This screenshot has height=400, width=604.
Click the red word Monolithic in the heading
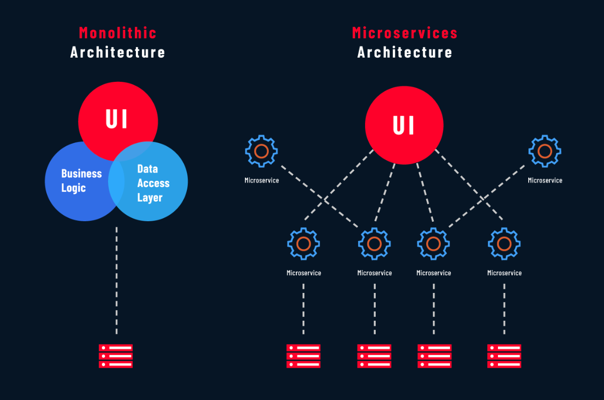(x=118, y=33)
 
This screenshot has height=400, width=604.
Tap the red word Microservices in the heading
(x=405, y=33)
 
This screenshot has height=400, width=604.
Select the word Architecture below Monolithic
(x=118, y=52)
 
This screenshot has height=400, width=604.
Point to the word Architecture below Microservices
(x=405, y=52)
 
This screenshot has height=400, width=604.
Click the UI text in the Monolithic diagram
(x=117, y=119)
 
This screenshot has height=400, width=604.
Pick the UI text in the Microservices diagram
(x=404, y=126)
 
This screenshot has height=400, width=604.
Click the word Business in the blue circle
(x=81, y=174)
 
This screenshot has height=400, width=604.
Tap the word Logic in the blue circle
(x=74, y=188)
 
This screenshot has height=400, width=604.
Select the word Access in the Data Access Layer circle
(x=153, y=183)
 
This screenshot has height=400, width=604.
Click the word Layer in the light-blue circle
(x=150, y=197)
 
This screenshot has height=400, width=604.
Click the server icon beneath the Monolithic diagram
(x=116, y=356)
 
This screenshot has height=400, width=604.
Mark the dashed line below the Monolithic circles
(x=117, y=280)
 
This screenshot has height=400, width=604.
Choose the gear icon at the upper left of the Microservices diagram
(x=262, y=151)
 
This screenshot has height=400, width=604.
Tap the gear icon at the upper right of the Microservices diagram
(x=545, y=151)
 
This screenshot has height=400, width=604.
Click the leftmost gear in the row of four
(x=304, y=244)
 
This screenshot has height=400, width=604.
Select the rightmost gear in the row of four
(x=504, y=244)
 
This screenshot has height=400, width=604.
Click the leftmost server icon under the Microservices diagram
(x=304, y=356)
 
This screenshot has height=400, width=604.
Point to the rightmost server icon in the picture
(x=504, y=356)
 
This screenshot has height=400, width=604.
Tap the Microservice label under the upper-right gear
(x=545, y=180)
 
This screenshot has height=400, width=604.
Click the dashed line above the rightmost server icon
(x=505, y=308)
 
